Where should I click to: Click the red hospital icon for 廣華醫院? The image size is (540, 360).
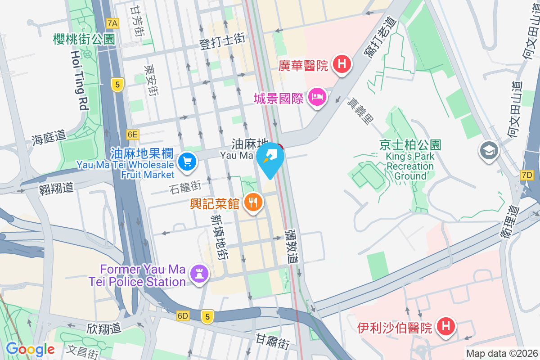[342, 64]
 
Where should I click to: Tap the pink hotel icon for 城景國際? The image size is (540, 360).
[317, 97]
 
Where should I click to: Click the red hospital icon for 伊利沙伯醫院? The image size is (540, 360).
[446, 326]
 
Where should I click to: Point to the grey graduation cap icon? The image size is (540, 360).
[489, 150]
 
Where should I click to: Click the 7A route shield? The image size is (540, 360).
[112, 23]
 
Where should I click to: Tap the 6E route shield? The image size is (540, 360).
[133, 134]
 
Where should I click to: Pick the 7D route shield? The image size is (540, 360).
[527, 174]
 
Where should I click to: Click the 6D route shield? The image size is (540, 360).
[183, 316]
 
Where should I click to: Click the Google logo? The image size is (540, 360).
[30, 349]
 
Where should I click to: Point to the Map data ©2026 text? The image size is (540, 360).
[501, 353]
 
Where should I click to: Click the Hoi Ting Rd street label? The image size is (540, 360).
[79, 80]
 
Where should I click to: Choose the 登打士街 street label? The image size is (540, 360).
[222, 42]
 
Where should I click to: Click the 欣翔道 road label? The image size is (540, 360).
[104, 328]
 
